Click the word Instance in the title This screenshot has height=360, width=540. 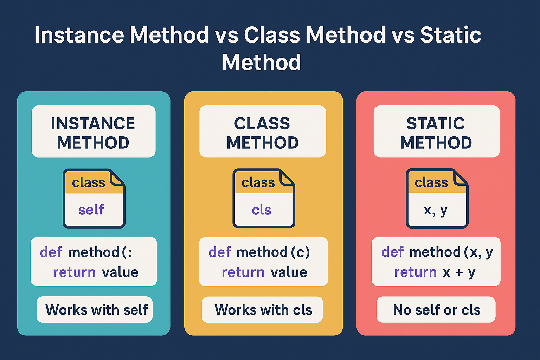79,35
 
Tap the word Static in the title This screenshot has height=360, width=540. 451,35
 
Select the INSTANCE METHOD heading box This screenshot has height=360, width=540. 94,131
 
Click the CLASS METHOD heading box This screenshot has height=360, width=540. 263,131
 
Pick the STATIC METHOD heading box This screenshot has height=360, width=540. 436,131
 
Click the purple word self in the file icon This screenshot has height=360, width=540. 91,210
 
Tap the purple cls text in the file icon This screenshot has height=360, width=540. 261,210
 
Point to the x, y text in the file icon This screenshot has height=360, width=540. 435,211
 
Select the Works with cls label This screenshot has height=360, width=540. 262,310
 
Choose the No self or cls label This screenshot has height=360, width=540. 436,310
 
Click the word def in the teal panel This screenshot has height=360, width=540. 51,252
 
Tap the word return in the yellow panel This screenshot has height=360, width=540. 243,272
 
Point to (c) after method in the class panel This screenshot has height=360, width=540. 300,252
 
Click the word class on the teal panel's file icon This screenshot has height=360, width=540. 89,182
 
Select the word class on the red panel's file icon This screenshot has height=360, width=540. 431,182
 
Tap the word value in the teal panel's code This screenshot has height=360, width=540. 120,272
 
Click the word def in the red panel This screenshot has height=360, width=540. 392,252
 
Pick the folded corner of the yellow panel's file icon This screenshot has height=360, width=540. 287,179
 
